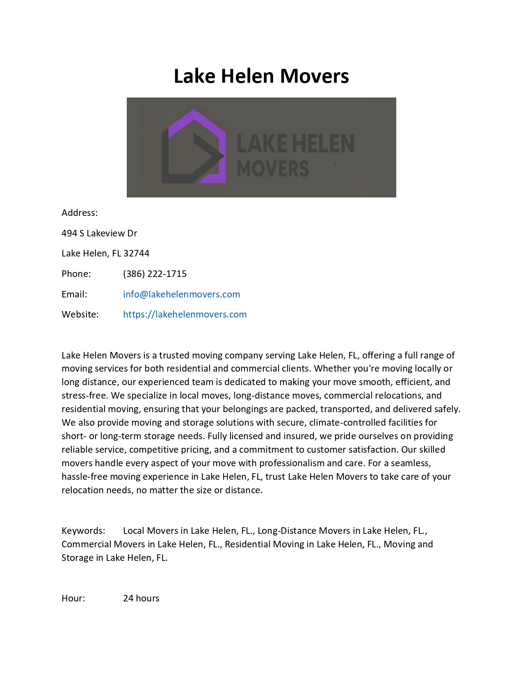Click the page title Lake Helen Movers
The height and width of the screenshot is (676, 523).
(x=261, y=76)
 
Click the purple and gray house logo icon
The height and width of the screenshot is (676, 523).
(x=194, y=147)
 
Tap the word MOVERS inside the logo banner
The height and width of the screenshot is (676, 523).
(x=273, y=169)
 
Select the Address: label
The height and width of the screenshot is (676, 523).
(x=80, y=213)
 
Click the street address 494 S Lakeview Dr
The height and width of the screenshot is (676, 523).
(x=99, y=233)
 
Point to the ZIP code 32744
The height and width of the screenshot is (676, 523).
(x=136, y=253)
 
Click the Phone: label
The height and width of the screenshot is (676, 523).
(x=76, y=274)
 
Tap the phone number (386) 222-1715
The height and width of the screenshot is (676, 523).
(x=155, y=274)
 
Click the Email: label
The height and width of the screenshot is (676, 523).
(x=74, y=294)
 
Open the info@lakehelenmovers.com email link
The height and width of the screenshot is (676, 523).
(x=181, y=294)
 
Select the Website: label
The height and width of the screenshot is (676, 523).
(x=80, y=314)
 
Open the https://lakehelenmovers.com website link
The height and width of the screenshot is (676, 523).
(x=185, y=314)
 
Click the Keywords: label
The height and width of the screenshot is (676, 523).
(x=83, y=531)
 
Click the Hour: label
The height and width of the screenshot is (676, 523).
(x=73, y=598)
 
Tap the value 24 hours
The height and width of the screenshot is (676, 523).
(x=141, y=598)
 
